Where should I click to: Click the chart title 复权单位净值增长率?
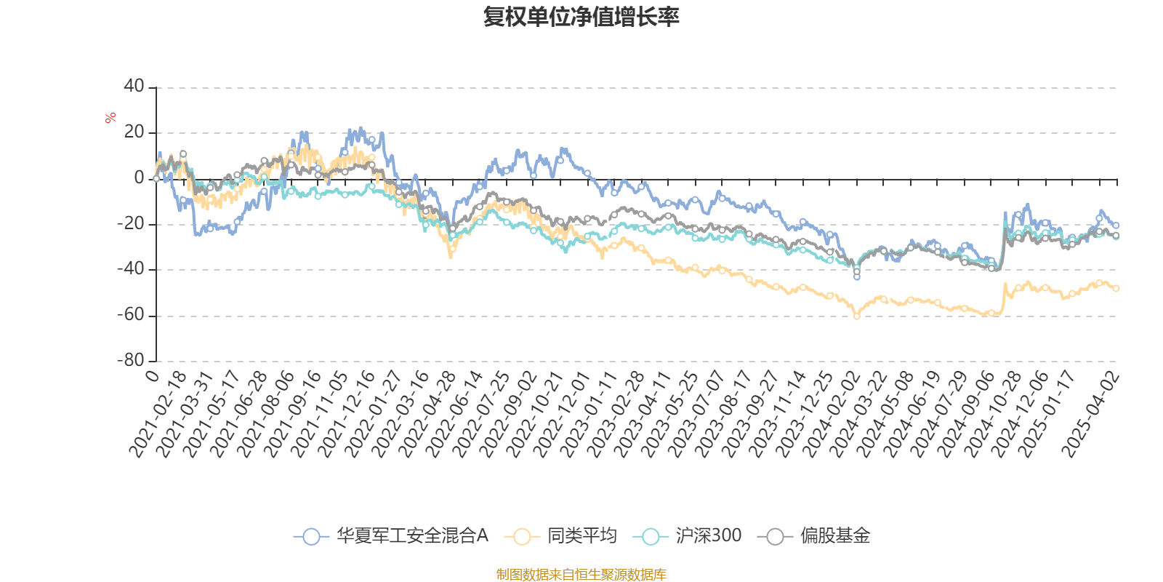point(581,17)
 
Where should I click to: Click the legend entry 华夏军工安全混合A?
point(391,535)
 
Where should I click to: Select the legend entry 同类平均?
point(560,535)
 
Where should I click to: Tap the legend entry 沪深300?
point(687,535)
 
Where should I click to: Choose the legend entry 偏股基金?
point(813,535)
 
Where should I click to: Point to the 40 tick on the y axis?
point(134,86)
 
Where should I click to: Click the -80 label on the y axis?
point(131,359)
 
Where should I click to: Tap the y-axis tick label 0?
point(139,178)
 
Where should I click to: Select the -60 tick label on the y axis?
point(131,314)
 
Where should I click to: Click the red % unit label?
point(110,118)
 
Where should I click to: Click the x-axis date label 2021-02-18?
point(158,415)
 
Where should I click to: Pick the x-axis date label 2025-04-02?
point(1090,415)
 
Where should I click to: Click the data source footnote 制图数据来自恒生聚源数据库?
point(581,574)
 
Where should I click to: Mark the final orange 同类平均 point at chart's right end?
point(1116,288)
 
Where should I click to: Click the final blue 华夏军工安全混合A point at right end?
point(1116,226)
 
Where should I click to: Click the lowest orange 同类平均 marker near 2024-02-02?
point(857,316)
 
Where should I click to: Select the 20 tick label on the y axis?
point(134,132)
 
